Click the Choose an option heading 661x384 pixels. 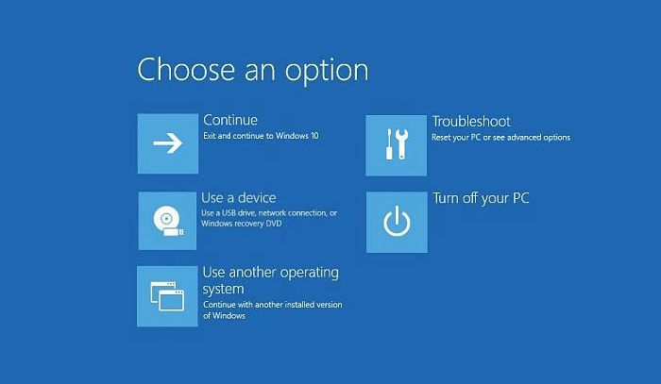(x=252, y=70)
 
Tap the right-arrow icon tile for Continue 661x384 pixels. (x=168, y=143)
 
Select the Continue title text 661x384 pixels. (x=230, y=121)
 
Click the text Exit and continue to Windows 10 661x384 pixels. (x=261, y=137)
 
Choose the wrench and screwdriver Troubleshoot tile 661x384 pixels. (x=397, y=143)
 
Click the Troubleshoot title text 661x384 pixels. (x=471, y=122)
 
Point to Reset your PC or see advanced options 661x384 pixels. (x=500, y=138)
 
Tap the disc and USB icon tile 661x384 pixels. (x=168, y=221)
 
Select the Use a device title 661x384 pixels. (x=239, y=198)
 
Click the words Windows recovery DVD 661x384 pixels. (x=235, y=224)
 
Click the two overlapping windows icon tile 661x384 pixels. (x=168, y=296)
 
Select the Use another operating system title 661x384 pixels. (x=270, y=280)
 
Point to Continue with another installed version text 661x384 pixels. (x=272, y=305)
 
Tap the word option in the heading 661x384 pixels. (x=327, y=71)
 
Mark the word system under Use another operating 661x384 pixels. (x=224, y=289)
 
